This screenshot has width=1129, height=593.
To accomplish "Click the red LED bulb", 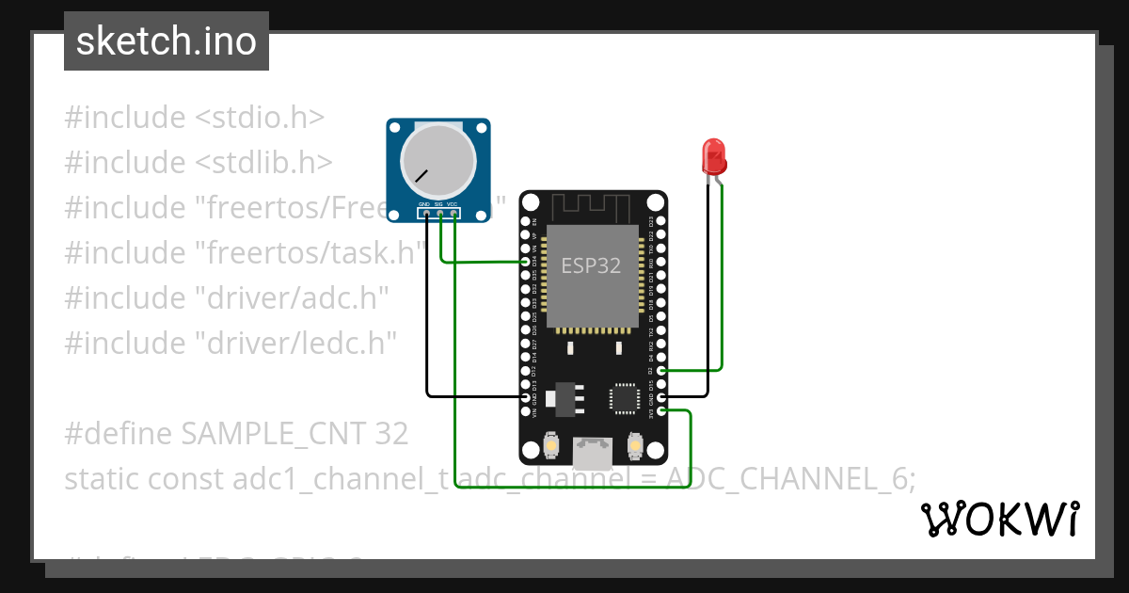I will coord(714,156).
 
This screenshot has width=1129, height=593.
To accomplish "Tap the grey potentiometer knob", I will coord(437,158).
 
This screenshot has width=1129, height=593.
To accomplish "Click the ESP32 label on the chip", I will coord(591,265).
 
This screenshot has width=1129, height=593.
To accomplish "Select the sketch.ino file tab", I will coord(167,41).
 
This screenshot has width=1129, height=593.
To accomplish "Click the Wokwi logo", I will coord(998,519).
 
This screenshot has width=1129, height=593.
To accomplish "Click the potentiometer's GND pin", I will coord(426,214).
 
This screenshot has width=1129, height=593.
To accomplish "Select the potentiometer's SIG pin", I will coord(440,214).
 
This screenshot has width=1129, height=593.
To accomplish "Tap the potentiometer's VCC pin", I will coord(454,214).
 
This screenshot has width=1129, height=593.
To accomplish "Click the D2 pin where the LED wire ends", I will coord(662,371).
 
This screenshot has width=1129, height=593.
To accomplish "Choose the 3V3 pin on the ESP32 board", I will coord(662,411).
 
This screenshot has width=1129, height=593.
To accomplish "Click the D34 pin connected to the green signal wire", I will coord(526,262).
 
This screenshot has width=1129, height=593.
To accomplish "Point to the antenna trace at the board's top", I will coord(593,206).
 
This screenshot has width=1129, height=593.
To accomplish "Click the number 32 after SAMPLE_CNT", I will coord(390,434).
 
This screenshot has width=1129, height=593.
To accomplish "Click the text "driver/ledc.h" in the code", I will coord(294,344).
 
